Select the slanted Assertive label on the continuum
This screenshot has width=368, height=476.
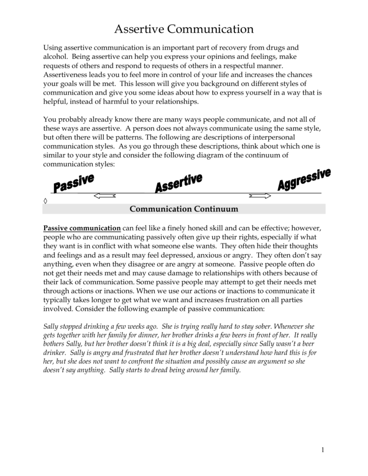point(178,183)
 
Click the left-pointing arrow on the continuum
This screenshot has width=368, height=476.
point(104,196)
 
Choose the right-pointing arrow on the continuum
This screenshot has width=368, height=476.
point(260,196)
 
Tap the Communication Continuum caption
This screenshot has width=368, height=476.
point(184,209)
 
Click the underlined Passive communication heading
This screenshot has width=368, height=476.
point(82,228)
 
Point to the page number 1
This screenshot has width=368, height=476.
point(323,450)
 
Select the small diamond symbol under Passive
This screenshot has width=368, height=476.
point(45,201)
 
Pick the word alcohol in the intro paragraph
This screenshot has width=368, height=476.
point(55,57)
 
